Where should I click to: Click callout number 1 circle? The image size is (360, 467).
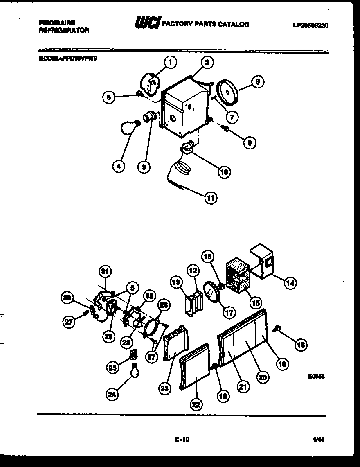(x=171, y=63)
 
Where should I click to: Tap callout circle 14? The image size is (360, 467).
(x=291, y=282)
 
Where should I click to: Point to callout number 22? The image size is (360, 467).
(x=196, y=404)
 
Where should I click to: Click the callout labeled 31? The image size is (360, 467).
(x=106, y=271)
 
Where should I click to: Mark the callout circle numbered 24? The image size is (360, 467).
(x=111, y=394)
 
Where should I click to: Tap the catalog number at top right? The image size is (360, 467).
(x=310, y=25)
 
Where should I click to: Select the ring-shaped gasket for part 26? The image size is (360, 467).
(x=151, y=327)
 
